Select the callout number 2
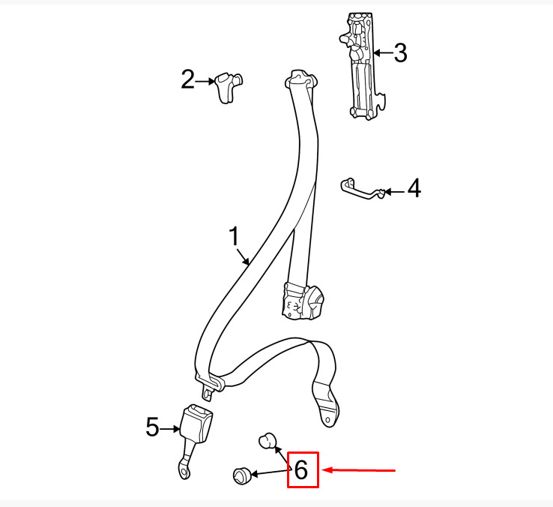pos(187,79)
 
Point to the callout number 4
pos(414,190)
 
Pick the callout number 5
pos(153,427)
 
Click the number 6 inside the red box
pos(301,470)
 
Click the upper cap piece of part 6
pos(266,441)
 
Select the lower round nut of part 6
pos(241,475)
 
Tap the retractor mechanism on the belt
pos(305,300)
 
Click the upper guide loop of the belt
pos(302,79)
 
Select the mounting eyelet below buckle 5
pos(183,470)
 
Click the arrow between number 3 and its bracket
pos(383,53)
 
